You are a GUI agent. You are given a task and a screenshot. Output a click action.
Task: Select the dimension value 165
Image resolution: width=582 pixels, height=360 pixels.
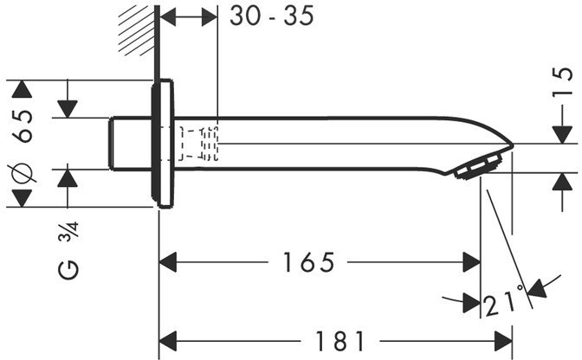[x=308, y=260]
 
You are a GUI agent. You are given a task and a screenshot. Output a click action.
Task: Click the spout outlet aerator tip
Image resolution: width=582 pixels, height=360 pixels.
[x=483, y=165]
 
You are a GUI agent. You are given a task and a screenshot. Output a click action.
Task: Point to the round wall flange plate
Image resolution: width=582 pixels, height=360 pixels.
[x=164, y=144]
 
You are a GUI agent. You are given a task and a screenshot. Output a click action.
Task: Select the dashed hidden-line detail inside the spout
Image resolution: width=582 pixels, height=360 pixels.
[x=199, y=143]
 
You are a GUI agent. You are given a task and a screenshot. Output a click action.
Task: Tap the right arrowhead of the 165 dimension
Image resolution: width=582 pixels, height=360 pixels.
[x=472, y=260]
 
